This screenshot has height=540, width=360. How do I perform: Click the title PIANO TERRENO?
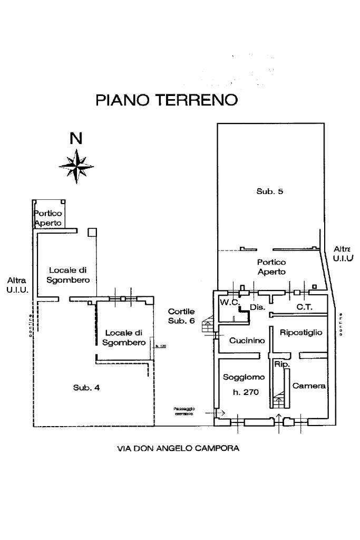pos(167,100)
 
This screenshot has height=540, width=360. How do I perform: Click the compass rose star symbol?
pos(77,166)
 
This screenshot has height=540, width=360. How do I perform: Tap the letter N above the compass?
pos(76,138)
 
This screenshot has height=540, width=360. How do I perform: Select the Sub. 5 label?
pos(270,191)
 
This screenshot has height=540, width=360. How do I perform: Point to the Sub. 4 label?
pos(86,388)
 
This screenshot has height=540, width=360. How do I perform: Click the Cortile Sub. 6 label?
pos(181,316)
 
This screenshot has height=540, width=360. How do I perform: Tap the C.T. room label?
pos(305,306)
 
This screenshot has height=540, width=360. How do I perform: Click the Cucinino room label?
pos(247,341)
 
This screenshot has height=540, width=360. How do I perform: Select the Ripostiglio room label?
pos(300,333)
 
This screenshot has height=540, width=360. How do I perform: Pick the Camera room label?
pos(309,386)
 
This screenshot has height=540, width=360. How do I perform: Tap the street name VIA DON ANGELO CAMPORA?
pos(178,449)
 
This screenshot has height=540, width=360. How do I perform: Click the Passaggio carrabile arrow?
pos(219,413)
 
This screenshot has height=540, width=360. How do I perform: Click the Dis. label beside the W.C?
pos(257,307)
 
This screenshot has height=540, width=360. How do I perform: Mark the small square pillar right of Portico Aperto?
pos(92,232)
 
